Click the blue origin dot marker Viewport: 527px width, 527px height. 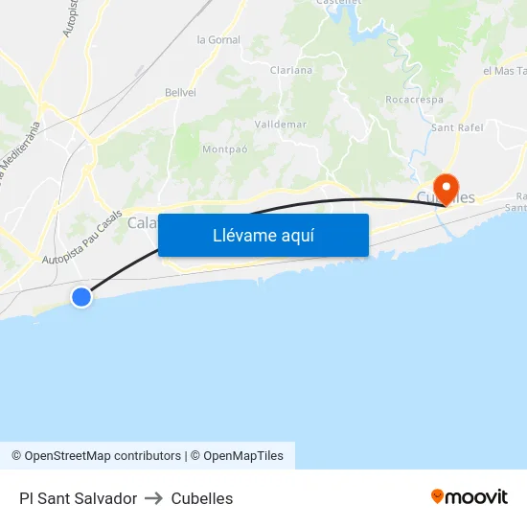(x=81, y=297)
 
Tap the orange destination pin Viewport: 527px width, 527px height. (x=446, y=187)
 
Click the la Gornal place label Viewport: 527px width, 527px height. (x=218, y=39)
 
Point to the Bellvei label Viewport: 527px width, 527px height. (x=180, y=92)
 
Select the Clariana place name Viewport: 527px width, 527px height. (x=291, y=70)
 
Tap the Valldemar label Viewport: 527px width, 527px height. (x=281, y=125)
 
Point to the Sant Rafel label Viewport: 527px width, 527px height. (x=458, y=126)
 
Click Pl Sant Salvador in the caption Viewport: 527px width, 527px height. (x=78, y=498)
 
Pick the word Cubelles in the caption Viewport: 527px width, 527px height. (x=201, y=498)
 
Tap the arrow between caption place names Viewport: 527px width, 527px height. (x=153, y=498)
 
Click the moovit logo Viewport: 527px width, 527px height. (x=469, y=496)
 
